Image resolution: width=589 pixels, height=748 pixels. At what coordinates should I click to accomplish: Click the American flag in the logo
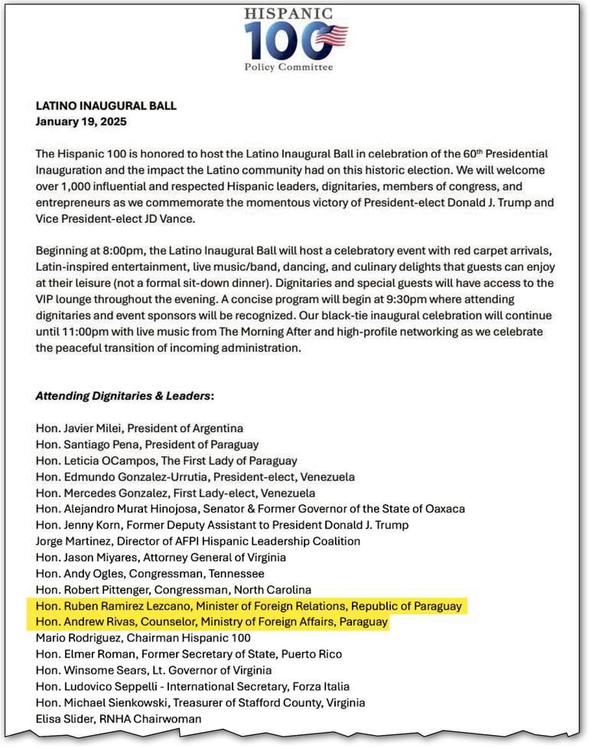click(x=330, y=36)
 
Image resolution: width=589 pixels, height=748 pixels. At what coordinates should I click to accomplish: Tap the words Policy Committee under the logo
click(x=288, y=67)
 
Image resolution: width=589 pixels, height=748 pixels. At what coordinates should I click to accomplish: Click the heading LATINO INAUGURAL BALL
click(x=106, y=106)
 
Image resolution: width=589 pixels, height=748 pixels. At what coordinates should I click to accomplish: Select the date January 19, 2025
click(x=81, y=121)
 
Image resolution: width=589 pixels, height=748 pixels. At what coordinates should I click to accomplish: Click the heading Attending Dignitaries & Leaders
click(x=123, y=396)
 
